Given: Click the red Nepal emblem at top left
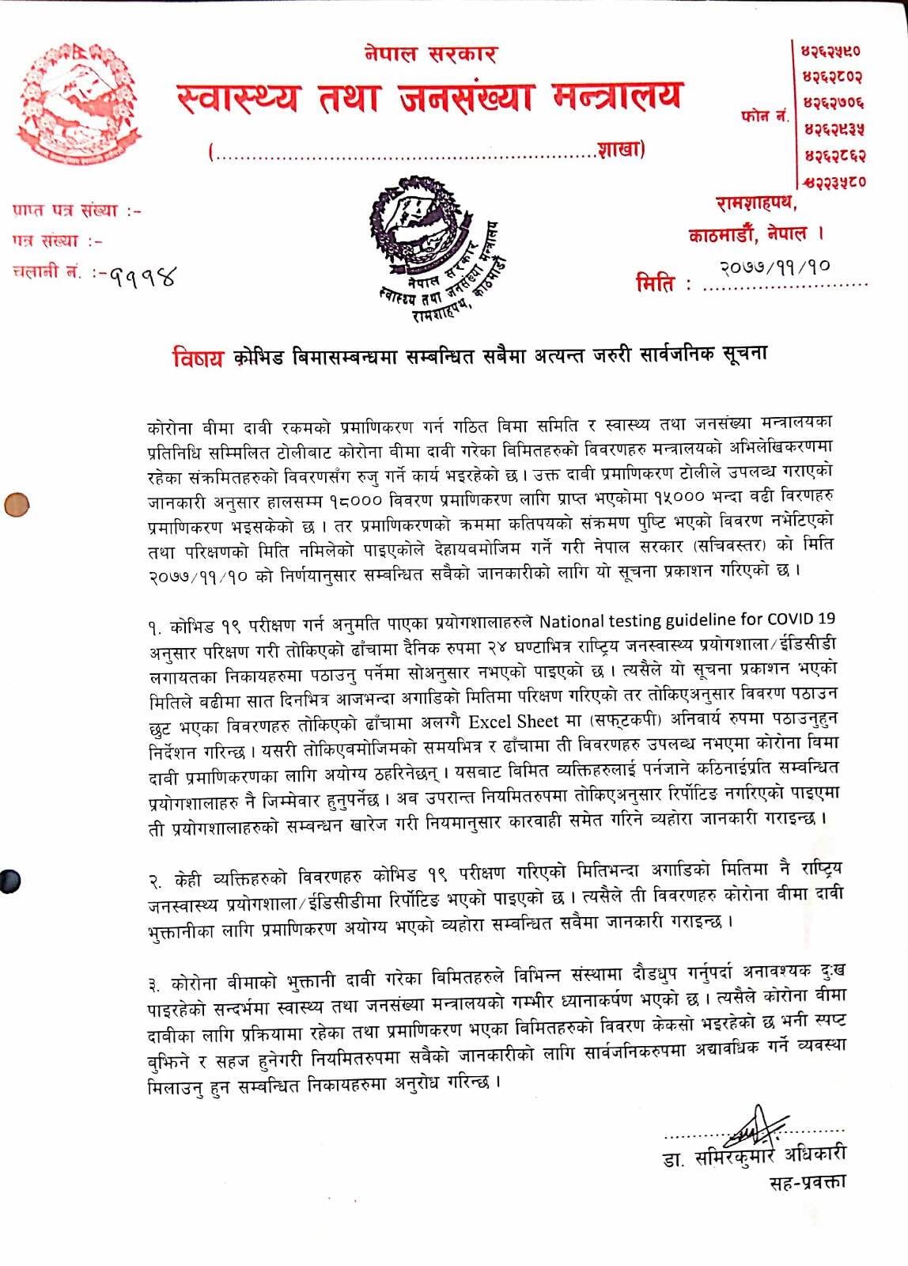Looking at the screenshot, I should [x=79, y=103].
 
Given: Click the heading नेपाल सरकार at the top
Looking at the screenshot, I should [x=431, y=54].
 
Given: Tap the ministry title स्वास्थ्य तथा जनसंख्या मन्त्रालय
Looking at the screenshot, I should [x=429, y=97].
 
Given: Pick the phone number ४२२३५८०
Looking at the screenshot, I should [x=834, y=181].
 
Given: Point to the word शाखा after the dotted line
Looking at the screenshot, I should [x=621, y=150].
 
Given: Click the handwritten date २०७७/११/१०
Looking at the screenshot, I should [x=775, y=267].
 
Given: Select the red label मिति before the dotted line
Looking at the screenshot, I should [x=656, y=282].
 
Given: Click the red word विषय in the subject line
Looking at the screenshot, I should [x=198, y=357].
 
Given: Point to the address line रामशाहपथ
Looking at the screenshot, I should [x=756, y=203].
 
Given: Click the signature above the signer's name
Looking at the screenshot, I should [x=755, y=1125].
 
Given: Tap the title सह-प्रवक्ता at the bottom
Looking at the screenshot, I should [x=807, y=1181].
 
